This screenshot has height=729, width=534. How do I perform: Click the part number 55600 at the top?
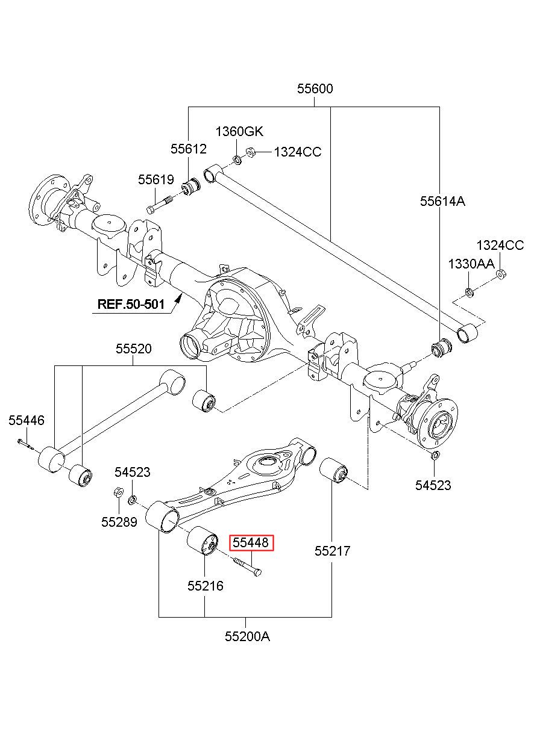pos(315,88)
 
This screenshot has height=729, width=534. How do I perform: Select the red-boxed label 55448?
pos(251,542)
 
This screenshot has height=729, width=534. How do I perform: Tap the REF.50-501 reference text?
pos(131,304)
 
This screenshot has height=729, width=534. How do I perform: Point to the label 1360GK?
pos(239,131)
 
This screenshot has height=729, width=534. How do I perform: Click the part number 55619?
pos(156,179)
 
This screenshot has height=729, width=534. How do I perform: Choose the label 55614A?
pos(442,201)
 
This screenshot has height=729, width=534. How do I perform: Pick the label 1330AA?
pos(471,264)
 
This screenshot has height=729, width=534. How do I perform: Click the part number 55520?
pos(134,349)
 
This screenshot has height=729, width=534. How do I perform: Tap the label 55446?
pos(27,420)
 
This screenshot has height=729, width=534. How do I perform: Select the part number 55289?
pos(119,522)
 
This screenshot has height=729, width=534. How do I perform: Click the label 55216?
pos(206,586)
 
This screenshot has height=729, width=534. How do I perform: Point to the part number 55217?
pos(332,551)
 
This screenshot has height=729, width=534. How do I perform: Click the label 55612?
pos(189,149)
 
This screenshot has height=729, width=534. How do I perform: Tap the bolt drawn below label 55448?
pos(247,566)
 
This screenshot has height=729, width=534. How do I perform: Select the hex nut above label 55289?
pos(118,492)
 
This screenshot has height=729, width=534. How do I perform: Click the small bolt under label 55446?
pos(25,444)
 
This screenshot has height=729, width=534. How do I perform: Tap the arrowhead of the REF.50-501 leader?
pos(178,297)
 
